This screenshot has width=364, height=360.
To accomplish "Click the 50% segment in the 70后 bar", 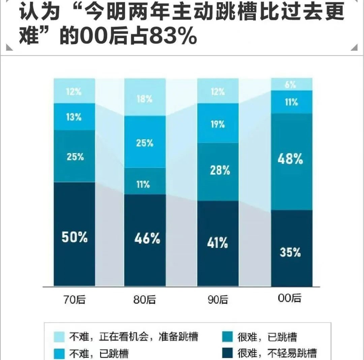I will point(74,236).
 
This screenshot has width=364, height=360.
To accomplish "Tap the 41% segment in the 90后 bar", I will point(218,243).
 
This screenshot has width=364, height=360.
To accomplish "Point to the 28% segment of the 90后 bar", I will point(218,171).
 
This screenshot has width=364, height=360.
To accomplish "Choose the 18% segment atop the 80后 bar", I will point(145,98).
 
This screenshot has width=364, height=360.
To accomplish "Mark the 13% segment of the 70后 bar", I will point(74,117).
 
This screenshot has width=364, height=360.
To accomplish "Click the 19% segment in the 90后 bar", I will point(218,124).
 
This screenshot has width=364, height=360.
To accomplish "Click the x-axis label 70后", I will point(74,299).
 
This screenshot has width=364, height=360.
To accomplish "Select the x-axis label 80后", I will point(145,299).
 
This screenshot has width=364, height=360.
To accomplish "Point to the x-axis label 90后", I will point(218,299).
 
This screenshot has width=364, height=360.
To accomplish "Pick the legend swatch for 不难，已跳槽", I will point(59,353).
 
